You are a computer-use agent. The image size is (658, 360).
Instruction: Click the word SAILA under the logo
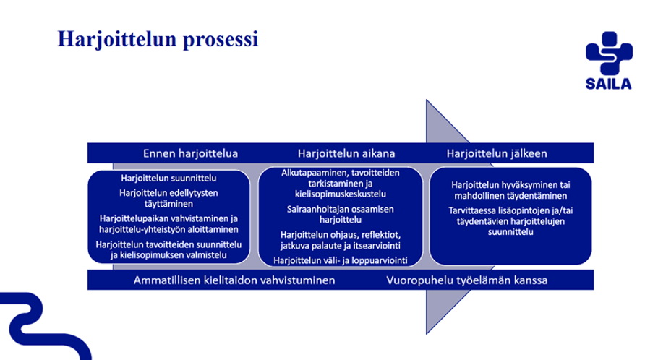(x=608, y=84)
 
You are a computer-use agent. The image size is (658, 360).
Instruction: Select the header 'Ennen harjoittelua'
(x=190, y=153)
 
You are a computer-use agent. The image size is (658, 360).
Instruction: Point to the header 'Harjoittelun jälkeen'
(x=497, y=153)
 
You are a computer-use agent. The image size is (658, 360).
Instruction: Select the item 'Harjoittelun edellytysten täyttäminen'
(x=168, y=198)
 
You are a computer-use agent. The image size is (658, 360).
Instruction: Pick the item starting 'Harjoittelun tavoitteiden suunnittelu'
(x=168, y=249)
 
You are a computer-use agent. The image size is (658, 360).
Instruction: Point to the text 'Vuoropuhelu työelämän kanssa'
(x=466, y=280)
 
